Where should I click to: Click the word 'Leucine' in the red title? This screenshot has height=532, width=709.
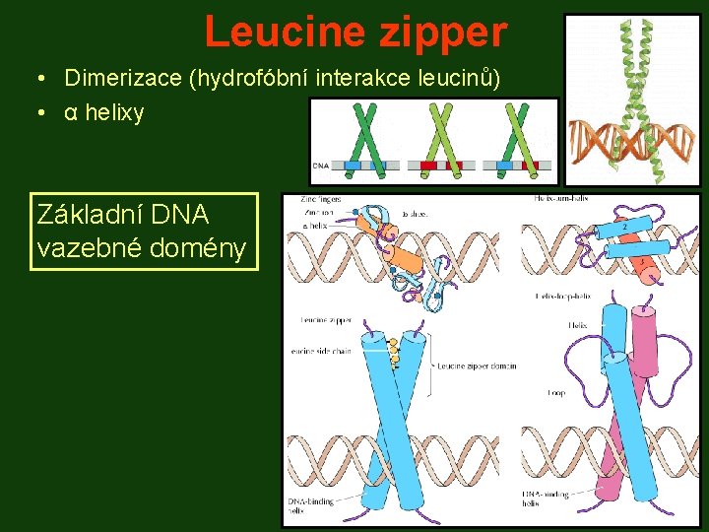point(287,33)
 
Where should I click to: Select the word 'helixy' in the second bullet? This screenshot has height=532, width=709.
point(114,113)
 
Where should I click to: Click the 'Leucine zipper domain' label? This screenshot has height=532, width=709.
point(477,366)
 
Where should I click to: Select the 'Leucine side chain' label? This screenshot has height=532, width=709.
point(323,352)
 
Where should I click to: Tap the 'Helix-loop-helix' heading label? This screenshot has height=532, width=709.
point(562,296)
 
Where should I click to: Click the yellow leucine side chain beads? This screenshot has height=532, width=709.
point(393,351)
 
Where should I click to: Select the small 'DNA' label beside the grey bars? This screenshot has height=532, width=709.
point(322,166)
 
